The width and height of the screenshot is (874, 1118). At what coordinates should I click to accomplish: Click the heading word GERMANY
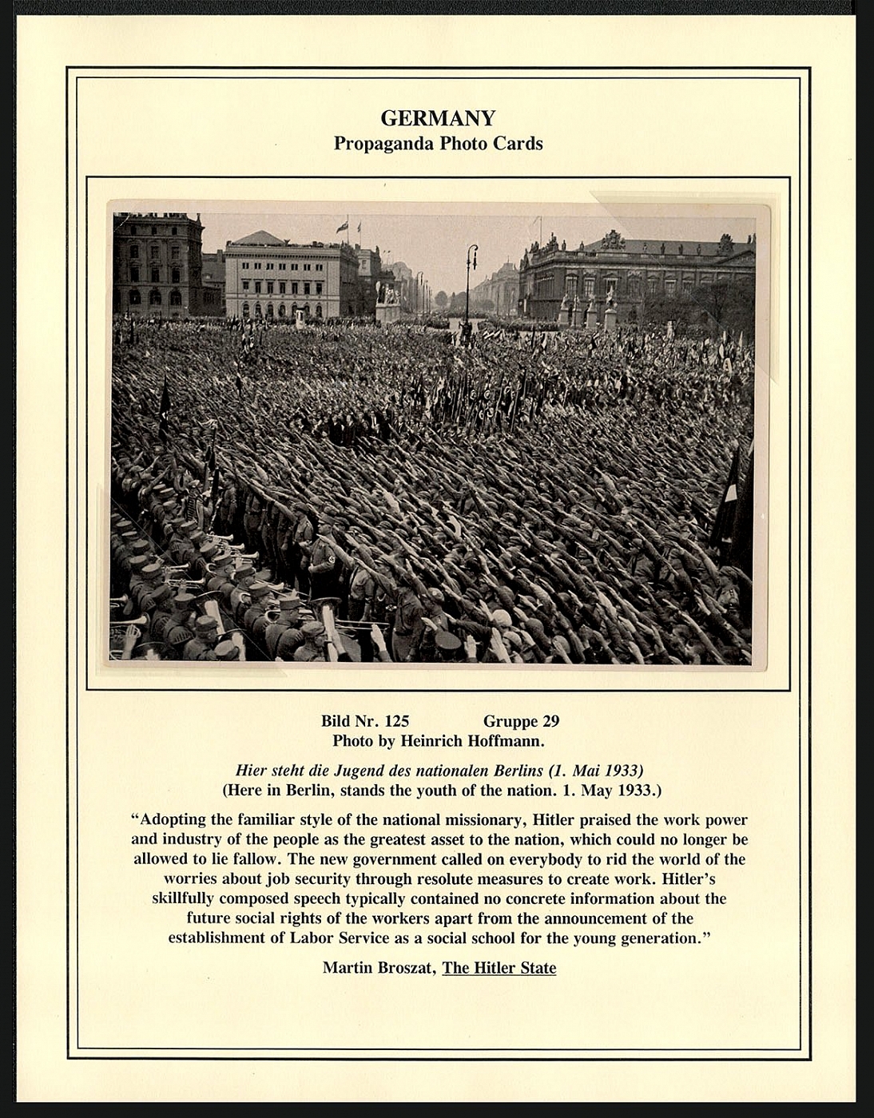pos(438,118)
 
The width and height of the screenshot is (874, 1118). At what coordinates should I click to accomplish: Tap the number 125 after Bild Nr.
pos(396,721)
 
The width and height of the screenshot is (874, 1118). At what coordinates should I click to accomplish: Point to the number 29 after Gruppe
pos(550,721)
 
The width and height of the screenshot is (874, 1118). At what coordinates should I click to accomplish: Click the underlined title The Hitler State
pos(499,968)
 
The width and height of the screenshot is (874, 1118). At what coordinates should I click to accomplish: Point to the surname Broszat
pos(407,968)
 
